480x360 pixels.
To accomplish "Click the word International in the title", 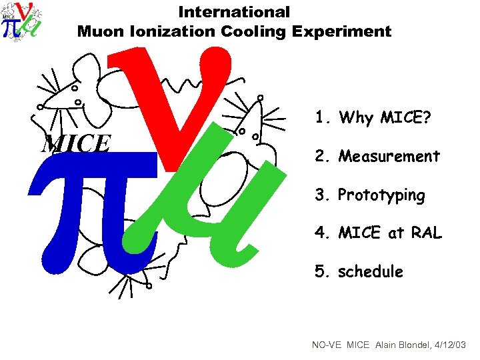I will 234,12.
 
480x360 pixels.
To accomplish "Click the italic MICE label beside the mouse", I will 75,143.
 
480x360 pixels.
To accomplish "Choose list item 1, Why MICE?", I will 373,118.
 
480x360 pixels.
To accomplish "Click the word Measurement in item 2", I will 389,157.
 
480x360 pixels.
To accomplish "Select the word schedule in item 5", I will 371,272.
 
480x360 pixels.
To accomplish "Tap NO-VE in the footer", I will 327,345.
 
